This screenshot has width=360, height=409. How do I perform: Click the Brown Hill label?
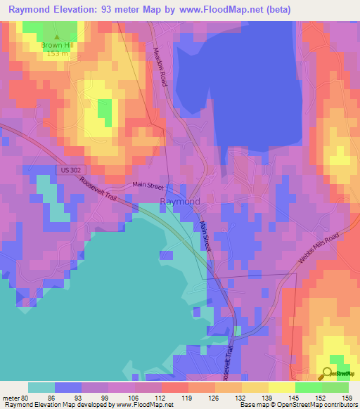(57, 45)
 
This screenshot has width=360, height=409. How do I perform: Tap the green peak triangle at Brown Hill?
(57, 37)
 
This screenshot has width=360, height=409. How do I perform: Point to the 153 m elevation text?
(57, 54)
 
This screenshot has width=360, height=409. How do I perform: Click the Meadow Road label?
(160, 67)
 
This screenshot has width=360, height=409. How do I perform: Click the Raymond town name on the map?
(180, 202)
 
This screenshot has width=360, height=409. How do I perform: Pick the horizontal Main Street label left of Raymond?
(148, 186)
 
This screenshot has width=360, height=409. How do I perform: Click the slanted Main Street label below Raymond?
(205, 235)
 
